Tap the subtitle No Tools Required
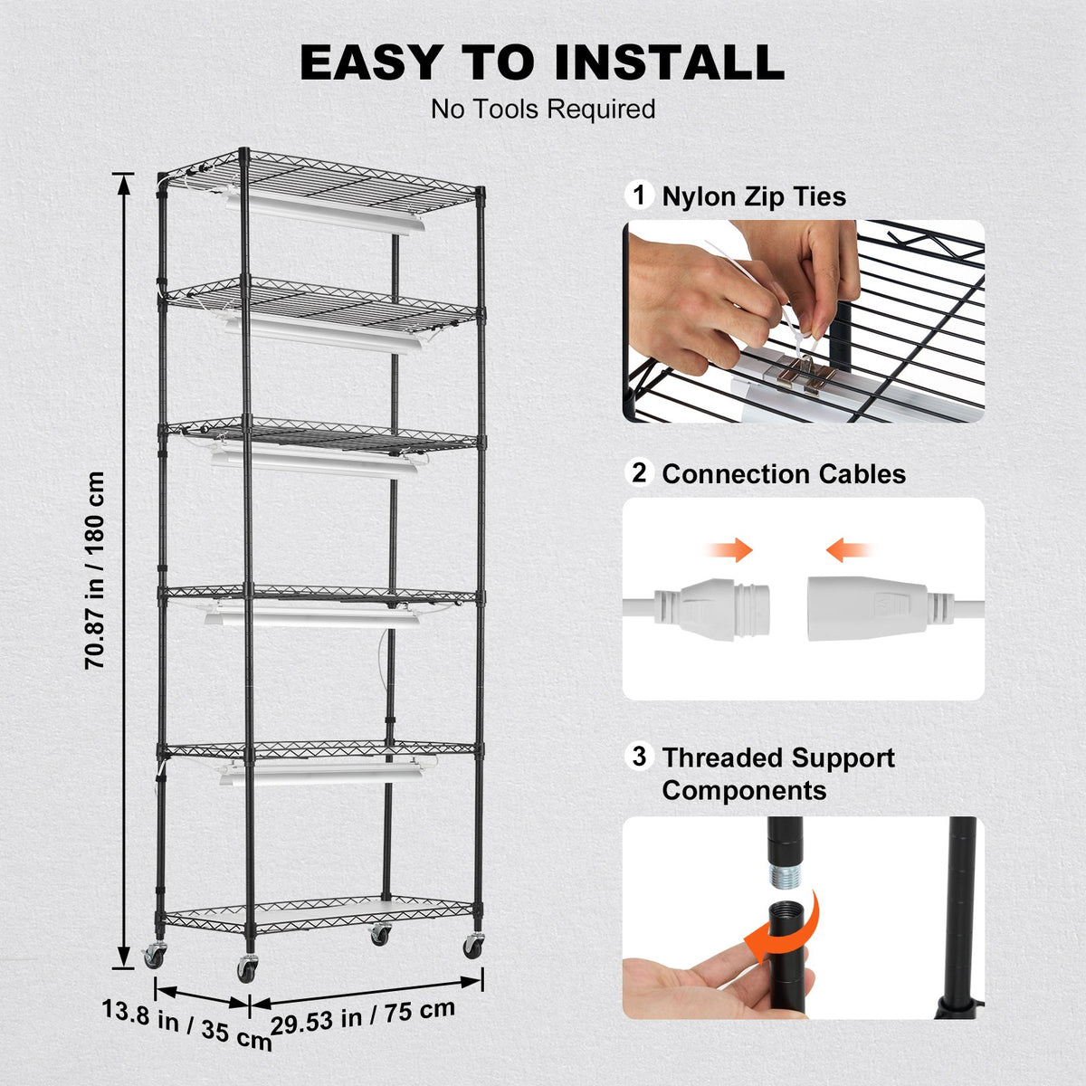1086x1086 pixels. [543, 110]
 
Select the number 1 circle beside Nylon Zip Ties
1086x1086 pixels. [640, 195]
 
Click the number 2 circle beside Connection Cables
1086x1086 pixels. [640, 472]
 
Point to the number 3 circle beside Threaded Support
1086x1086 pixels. [640, 756]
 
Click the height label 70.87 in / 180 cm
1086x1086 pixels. [96, 570]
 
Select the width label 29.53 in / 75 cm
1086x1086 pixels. [363, 1016]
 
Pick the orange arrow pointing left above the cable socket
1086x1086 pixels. [849, 549]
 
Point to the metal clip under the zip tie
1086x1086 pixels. [803, 372]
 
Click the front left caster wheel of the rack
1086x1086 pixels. [245, 968]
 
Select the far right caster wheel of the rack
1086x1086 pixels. [472, 947]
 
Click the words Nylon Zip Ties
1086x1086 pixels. [754, 196]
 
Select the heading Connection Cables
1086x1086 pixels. [784, 474]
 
